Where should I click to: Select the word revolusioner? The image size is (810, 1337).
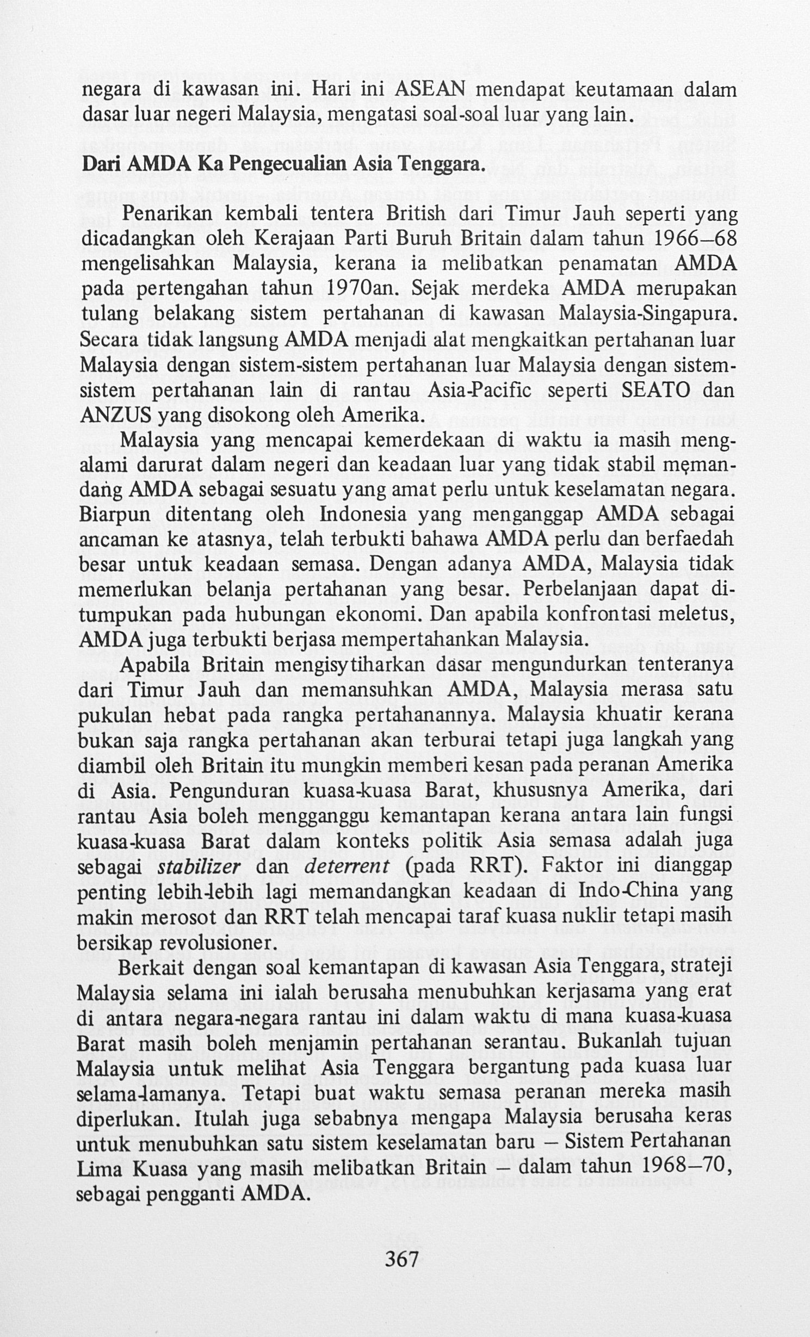click(x=215, y=942)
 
